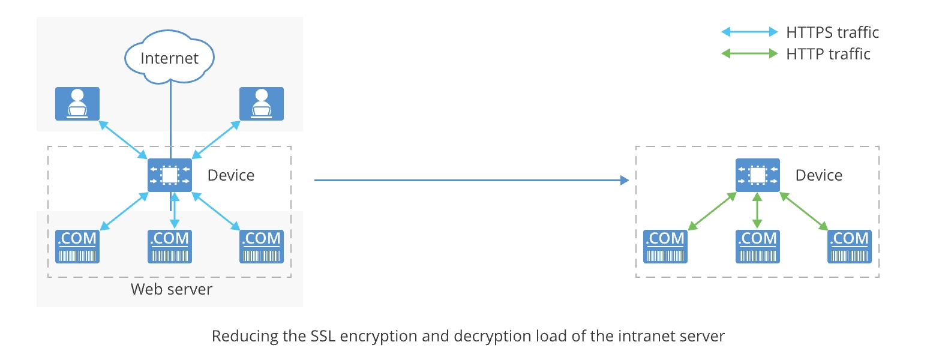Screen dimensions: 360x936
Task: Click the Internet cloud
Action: click(169, 58)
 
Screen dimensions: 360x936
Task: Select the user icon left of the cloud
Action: click(77, 104)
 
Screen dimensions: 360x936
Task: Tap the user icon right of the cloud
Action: click(262, 104)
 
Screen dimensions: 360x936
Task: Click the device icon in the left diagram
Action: click(170, 175)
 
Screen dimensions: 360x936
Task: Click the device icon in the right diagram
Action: click(758, 175)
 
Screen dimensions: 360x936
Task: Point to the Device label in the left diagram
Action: click(231, 175)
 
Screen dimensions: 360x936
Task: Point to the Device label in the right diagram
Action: click(819, 175)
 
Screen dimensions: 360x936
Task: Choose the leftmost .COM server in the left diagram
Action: click(77, 246)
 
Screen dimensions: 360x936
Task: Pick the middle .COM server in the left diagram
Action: click(170, 246)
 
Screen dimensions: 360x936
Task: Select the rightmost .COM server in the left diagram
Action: click(262, 246)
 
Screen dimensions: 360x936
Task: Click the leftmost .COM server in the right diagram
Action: click(665, 246)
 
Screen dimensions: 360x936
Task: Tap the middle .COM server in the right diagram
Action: click(758, 246)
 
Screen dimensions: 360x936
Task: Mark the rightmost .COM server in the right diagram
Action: click(850, 246)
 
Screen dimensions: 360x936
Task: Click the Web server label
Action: click(172, 289)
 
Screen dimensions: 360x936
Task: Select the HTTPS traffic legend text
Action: click(832, 32)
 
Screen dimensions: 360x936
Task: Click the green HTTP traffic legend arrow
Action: click(749, 54)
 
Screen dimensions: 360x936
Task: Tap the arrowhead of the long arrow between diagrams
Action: click(625, 180)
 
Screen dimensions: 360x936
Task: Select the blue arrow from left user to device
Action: click(123, 139)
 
